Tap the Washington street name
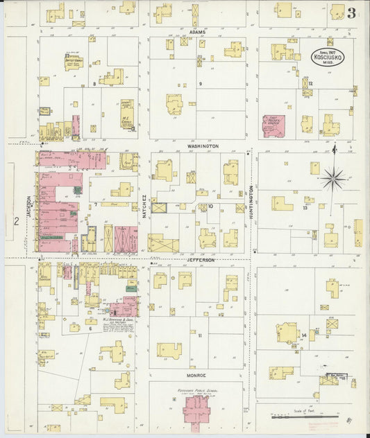coord(203,146)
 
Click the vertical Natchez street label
coord(144,207)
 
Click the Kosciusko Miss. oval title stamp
coord(326,55)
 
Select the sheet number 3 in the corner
coord(353,12)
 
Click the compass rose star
coord(334,179)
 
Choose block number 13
coord(305,207)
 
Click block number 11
coord(200,335)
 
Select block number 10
coord(209,206)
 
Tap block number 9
coord(200,84)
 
